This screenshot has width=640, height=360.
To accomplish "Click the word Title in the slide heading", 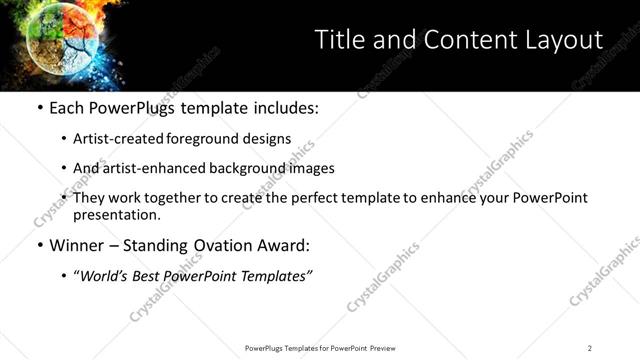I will [x=337, y=40].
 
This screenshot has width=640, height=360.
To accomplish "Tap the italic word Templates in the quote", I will [x=279, y=276].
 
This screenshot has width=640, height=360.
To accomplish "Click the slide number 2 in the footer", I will [x=590, y=348].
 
